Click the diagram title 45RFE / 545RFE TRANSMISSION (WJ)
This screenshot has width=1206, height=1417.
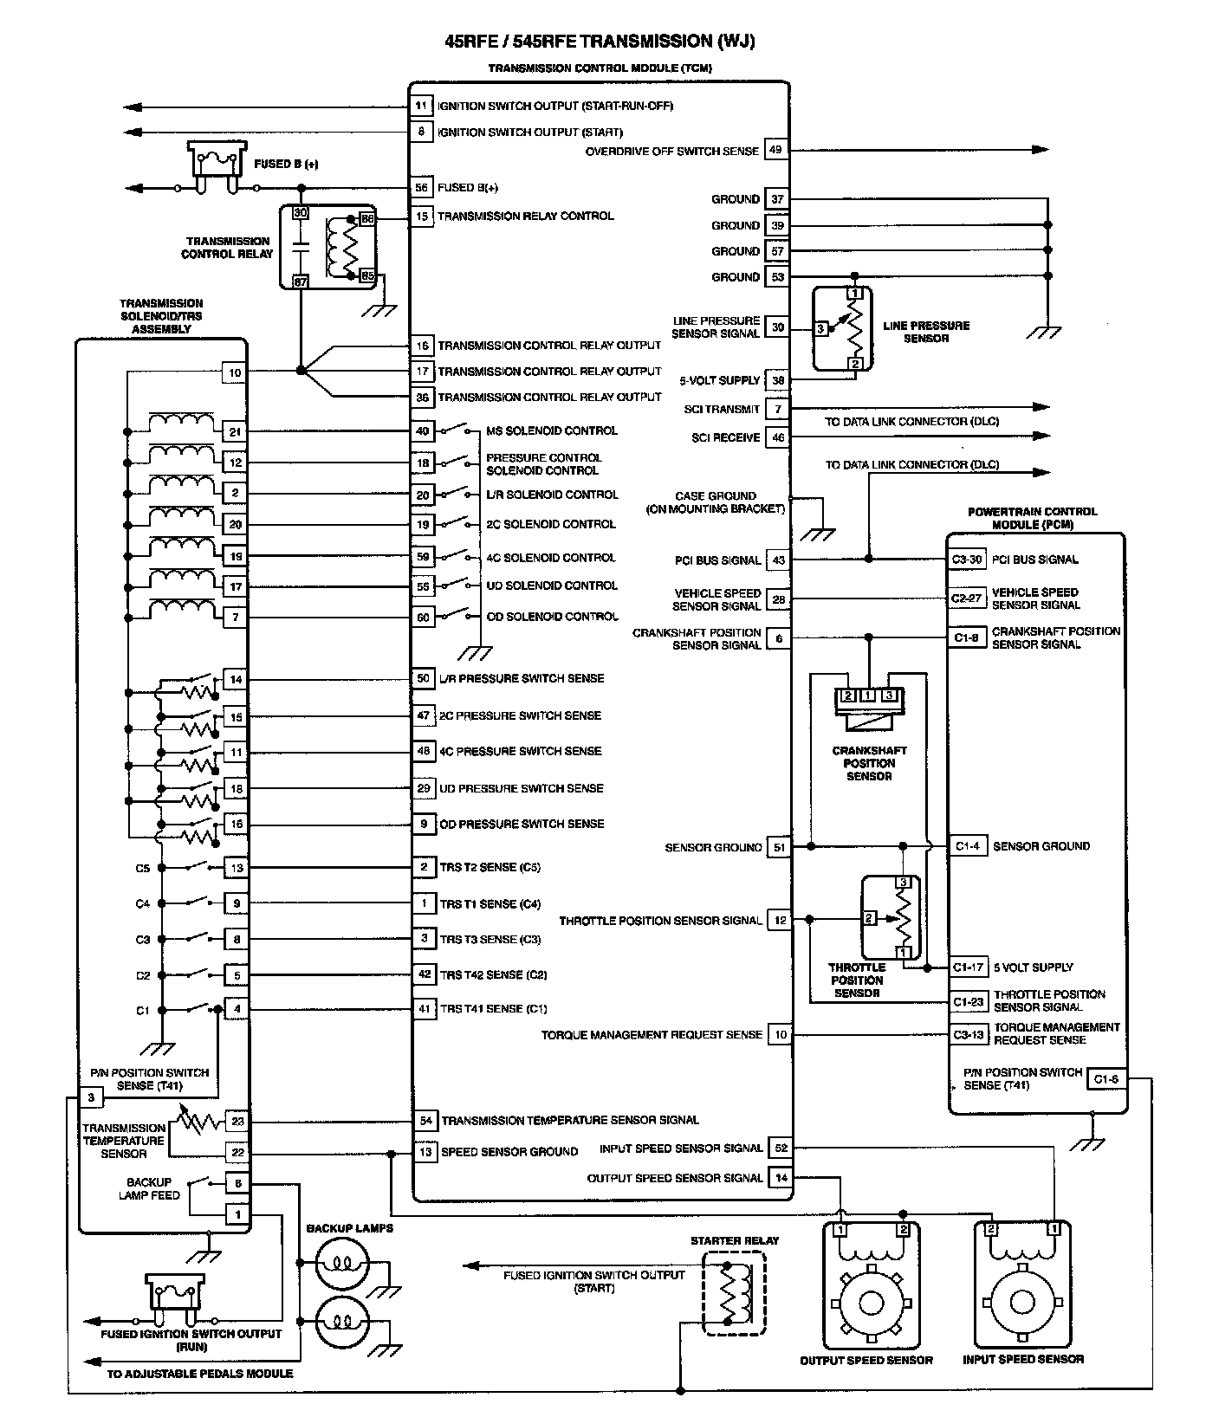pyautogui.click(x=600, y=42)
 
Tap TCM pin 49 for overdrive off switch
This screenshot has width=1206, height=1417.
pyautogui.click(x=775, y=150)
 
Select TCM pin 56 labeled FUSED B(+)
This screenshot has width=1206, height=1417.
pyautogui.click(x=422, y=187)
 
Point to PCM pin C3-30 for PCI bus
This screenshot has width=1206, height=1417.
pyautogui.click(x=967, y=560)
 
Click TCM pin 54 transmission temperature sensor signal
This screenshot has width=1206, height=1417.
pyautogui.click(x=425, y=1120)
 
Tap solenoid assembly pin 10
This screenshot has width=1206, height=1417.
pyautogui.click(x=235, y=373)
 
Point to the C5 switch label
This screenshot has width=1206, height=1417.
pyautogui.click(x=143, y=868)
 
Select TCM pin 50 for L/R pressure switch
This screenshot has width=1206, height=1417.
pyautogui.click(x=423, y=678)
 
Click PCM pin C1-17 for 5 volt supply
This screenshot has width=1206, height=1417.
pyautogui.click(x=968, y=967)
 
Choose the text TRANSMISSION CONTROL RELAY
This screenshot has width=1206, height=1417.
pyautogui.click(x=226, y=248)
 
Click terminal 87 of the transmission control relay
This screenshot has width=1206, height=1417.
pyautogui.click(x=300, y=281)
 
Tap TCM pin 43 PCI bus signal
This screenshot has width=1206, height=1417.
pyautogui.click(x=779, y=560)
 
